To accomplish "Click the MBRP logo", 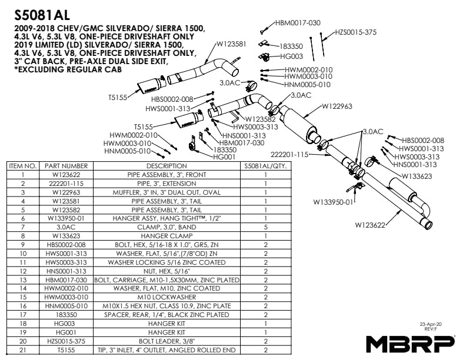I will pos(410,343).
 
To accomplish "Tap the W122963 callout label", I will pos(337,106).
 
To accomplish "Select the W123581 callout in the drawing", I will pos(235,43).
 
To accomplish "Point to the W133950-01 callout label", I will pos(333,202).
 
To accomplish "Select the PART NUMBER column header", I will pos(66,166).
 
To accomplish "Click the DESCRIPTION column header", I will pos(166,166).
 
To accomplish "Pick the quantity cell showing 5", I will pos(266,226).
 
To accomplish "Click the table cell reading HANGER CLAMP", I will pos(166,235).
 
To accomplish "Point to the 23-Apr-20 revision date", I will pos(431,324).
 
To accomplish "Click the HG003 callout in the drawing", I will pos(291,56).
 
